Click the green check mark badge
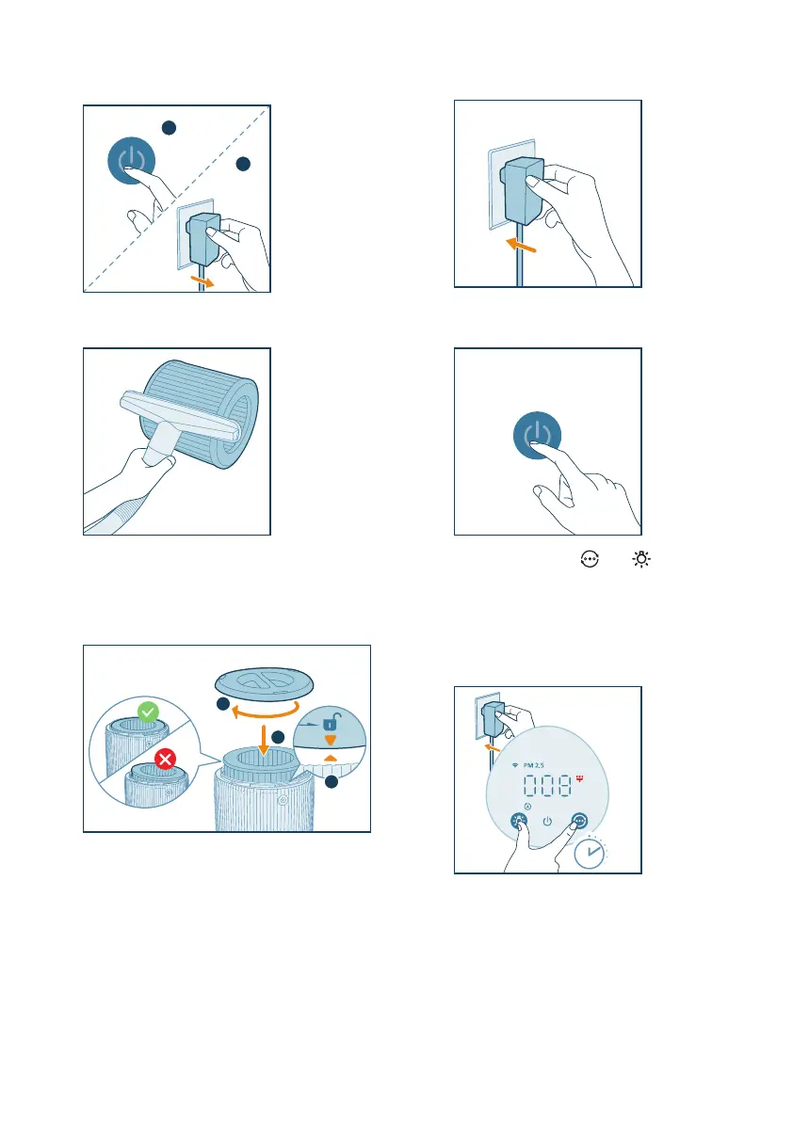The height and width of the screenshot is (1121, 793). click(x=148, y=713)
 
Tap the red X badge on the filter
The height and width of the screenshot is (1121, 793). click(x=165, y=759)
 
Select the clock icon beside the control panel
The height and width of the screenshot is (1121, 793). click(x=590, y=853)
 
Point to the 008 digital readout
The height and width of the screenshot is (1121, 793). click(x=547, y=786)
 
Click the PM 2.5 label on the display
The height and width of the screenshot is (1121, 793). click(x=534, y=765)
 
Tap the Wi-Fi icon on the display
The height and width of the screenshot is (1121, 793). click(x=515, y=765)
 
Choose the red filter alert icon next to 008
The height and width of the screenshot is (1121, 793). click(x=579, y=777)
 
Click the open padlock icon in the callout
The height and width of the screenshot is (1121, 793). click(x=330, y=722)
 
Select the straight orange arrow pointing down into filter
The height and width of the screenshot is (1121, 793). click(x=264, y=739)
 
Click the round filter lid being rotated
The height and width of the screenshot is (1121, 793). click(x=265, y=682)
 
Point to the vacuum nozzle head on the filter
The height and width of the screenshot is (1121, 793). click(x=179, y=415)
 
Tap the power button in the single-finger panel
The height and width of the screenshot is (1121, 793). click(x=537, y=435)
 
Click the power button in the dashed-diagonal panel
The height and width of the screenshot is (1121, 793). click(x=132, y=161)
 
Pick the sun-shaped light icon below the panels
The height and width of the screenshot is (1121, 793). click(x=641, y=559)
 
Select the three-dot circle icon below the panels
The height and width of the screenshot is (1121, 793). click(x=590, y=559)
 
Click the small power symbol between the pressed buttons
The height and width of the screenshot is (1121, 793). click(x=547, y=822)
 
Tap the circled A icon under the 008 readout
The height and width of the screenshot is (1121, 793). click(x=527, y=807)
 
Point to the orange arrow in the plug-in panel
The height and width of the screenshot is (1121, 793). click(x=521, y=245)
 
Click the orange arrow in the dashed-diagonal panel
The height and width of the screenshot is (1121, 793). click(x=202, y=281)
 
